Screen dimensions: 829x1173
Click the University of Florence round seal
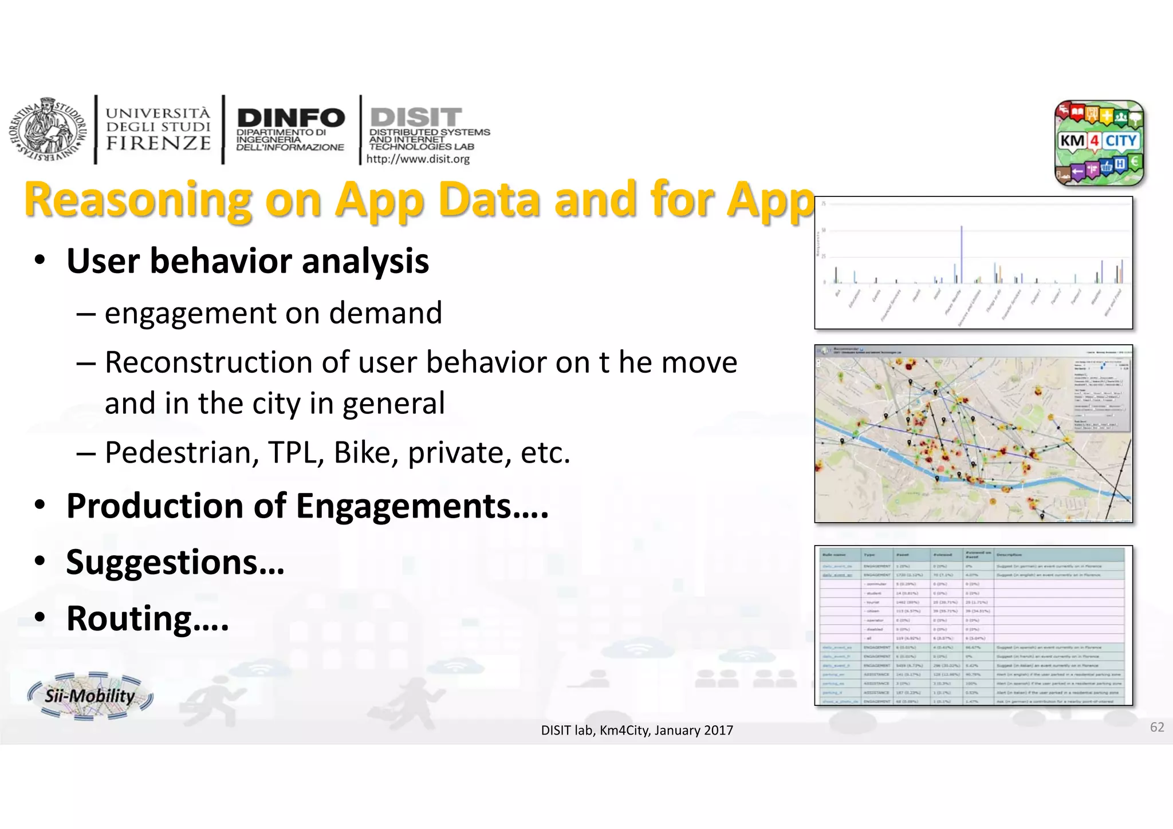pos(44,130)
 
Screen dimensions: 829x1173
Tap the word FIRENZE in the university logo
pos(159,143)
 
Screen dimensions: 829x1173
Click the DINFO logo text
pos(290,118)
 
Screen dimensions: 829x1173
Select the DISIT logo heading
pos(416,117)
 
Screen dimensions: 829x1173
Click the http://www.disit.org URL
pos(418,159)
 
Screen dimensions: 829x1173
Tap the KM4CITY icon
pos(1099,143)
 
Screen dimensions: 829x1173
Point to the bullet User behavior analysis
pos(247,261)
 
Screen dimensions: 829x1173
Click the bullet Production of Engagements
pos(307,506)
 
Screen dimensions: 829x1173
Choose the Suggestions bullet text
pos(175,562)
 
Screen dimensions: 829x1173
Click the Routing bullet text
pos(147,618)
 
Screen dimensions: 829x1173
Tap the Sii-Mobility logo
pos(90,696)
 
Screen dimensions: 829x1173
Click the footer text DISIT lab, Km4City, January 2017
pos(637,730)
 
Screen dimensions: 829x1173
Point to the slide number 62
pos(1156,727)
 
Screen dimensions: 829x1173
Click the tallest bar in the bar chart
pos(962,255)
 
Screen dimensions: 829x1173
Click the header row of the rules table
pos(972,554)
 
